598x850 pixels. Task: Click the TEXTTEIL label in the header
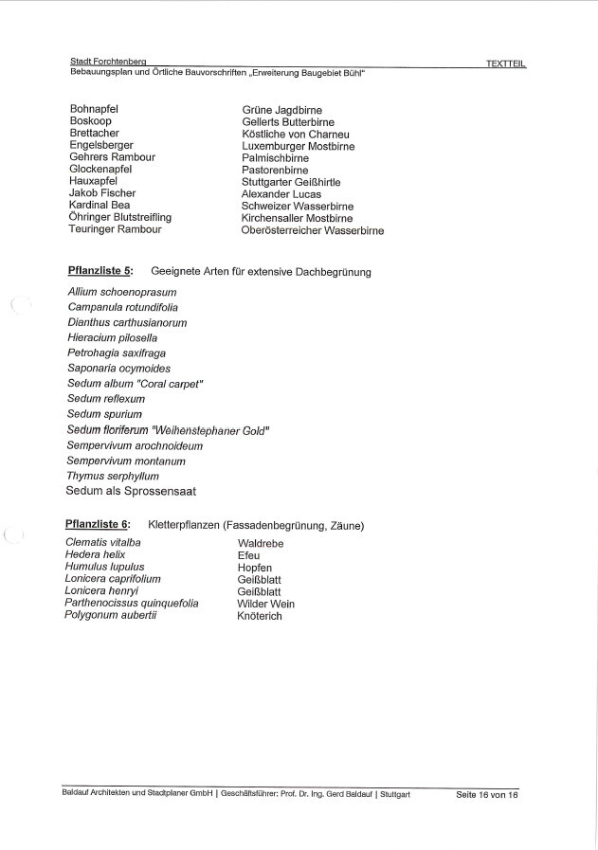tap(505, 63)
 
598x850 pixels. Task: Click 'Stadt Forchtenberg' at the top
tap(114, 62)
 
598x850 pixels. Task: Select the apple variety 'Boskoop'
tap(92, 122)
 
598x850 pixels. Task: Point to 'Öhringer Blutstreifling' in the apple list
tap(120, 217)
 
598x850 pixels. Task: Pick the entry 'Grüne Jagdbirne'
tap(282, 111)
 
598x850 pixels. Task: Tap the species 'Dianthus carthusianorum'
tap(127, 322)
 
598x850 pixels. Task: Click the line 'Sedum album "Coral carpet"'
tap(136, 384)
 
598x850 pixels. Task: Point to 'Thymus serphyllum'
tap(113, 476)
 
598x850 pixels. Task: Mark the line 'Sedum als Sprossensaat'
tap(131, 492)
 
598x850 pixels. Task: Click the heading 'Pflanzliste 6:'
tap(99, 525)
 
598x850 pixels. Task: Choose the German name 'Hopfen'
tap(257, 568)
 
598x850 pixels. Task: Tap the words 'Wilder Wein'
tap(265, 604)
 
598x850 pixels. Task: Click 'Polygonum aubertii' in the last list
tap(110, 615)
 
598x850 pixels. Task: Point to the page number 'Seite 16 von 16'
tap(487, 794)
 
